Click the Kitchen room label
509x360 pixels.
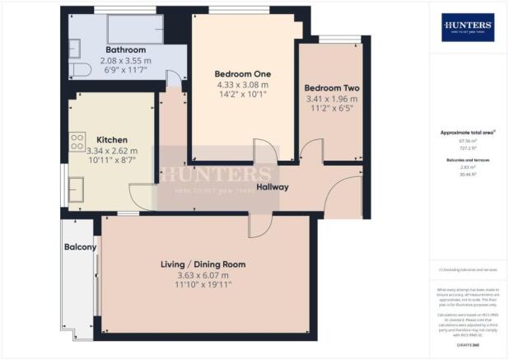point(110,139)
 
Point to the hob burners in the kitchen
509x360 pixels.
point(78,141)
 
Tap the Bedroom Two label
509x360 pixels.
point(328,88)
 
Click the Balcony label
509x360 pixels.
point(80,247)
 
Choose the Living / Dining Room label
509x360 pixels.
point(203,264)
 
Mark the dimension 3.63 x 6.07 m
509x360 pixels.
point(203,275)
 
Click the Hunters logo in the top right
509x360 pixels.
point(467,27)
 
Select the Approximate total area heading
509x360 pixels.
point(467,133)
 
